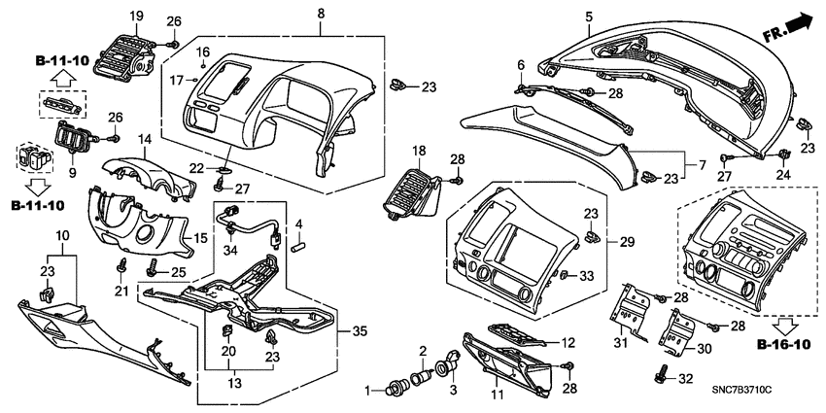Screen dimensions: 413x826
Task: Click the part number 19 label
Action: point(136,16)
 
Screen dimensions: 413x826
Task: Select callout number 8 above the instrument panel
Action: point(321,14)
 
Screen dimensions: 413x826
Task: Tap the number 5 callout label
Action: point(589,16)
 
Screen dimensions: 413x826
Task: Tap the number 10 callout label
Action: point(62,237)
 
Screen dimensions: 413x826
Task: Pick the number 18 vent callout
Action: point(419,152)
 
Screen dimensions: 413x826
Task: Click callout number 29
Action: point(627,240)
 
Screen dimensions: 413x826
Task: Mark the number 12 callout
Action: point(569,342)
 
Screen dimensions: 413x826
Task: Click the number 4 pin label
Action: point(299,224)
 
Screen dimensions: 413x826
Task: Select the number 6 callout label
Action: point(520,65)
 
